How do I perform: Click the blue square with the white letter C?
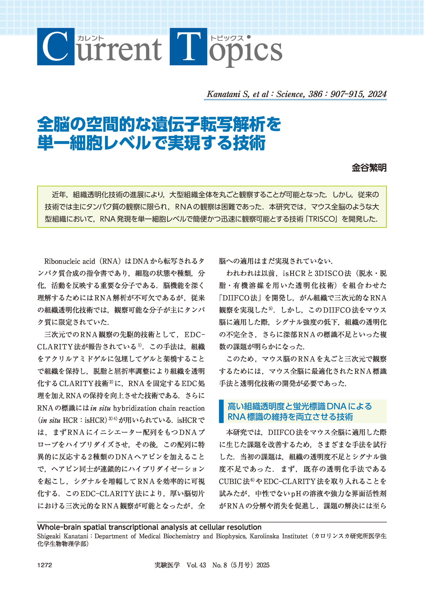[56, 47]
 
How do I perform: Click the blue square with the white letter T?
[188, 47]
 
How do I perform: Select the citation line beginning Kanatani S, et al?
[296, 94]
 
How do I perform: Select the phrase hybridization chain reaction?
[159, 408]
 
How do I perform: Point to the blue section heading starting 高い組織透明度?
[299, 406]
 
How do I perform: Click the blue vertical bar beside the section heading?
[221, 411]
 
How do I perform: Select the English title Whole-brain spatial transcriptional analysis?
[149, 527]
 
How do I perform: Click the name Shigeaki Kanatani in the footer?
[63, 536]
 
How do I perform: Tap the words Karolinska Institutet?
[279, 536]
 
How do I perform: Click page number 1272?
[45, 565]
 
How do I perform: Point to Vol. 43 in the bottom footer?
[196, 565]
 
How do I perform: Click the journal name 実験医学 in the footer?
[167, 565]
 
